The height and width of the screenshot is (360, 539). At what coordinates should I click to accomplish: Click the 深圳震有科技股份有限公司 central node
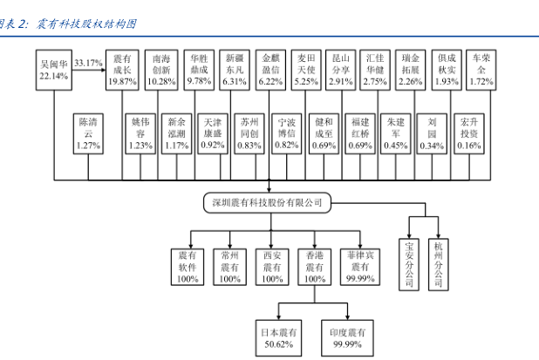coord(268,203)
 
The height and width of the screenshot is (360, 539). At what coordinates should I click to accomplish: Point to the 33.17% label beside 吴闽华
coord(90,63)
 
